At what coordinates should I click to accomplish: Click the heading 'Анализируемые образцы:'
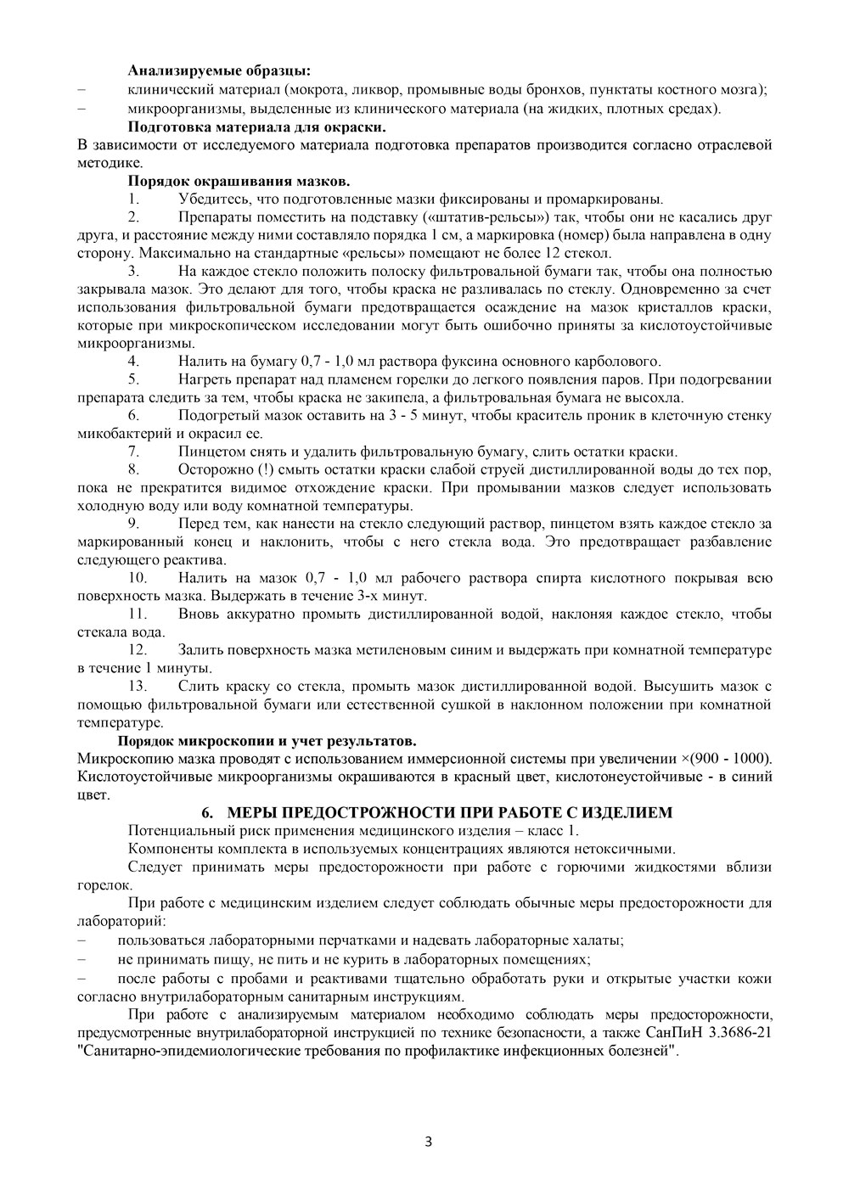pyautogui.click(x=218, y=70)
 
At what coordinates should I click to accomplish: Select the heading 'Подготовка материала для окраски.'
pyautogui.click(x=256, y=127)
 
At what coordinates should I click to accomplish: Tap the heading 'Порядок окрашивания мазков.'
pyautogui.click(x=239, y=181)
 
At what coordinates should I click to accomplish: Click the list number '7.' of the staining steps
pyautogui.click(x=133, y=452)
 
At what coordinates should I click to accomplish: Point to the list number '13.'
pyautogui.click(x=137, y=686)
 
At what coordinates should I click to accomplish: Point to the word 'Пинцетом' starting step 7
pyautogui.click(x=205, y=452)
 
